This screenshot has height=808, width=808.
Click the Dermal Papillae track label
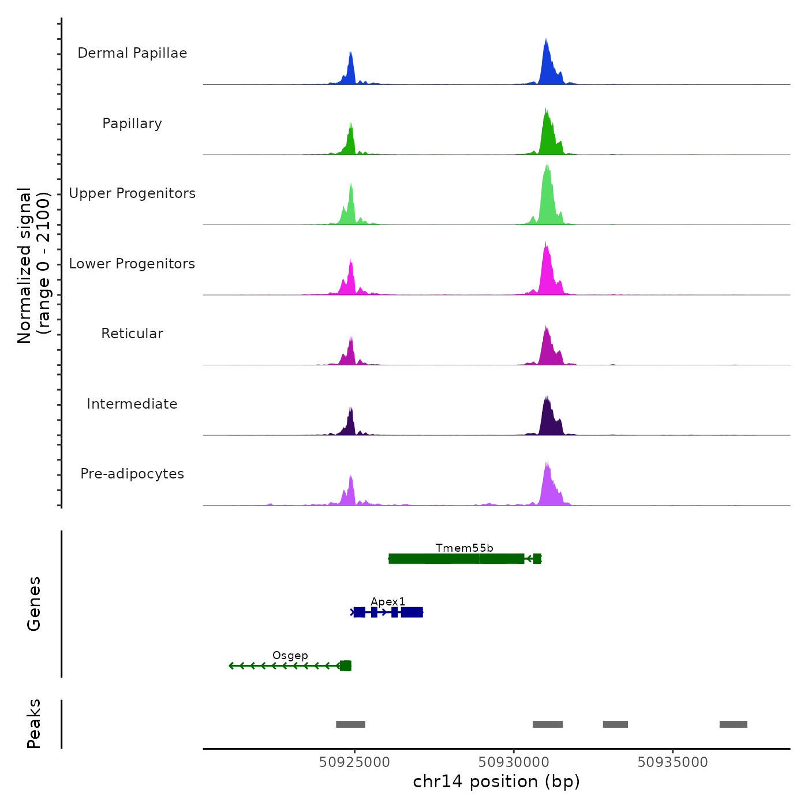132,53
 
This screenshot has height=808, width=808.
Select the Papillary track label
132,124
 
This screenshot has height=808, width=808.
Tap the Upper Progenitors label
132,193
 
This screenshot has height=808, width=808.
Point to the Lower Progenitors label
132,264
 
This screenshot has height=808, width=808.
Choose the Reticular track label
132,334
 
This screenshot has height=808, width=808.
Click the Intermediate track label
132,404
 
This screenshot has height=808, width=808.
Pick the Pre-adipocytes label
132,474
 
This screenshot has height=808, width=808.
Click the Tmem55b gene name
464,548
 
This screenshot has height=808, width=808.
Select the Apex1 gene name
388,601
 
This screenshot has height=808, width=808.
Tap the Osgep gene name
290,655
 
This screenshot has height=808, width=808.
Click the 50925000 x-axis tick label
354,762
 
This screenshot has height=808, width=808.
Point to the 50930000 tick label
514,762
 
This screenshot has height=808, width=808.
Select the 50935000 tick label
672,762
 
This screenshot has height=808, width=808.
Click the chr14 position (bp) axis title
496,781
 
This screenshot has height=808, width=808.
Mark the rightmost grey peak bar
733,724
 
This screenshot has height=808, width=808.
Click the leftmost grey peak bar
350,724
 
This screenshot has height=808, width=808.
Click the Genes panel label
33,604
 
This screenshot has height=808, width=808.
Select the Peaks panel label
33,724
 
